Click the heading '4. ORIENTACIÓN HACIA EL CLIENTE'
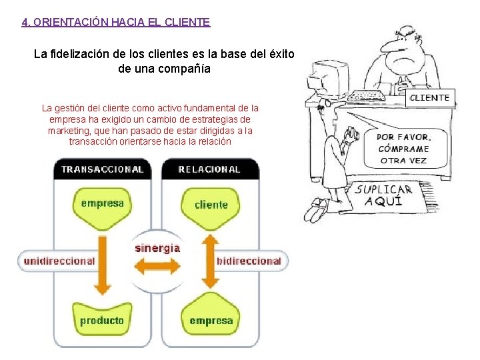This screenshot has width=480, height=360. [x=116, y=22]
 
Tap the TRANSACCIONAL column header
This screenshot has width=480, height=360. [x=102, y=169]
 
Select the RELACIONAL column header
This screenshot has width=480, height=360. [x=209, y=169]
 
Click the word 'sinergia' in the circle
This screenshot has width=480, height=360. [x=157, y=248]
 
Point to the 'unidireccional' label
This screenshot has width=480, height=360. [x=59, y=261]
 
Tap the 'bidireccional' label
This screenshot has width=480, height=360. [x=249, y=261]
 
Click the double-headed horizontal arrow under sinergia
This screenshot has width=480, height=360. [x=157, y=268]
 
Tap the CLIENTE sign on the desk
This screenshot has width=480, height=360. [x=430, y=97]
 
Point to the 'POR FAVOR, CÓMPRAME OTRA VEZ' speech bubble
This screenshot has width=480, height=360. [x=403, y=148]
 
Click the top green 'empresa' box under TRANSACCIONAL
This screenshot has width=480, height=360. [x=102, y=204]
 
